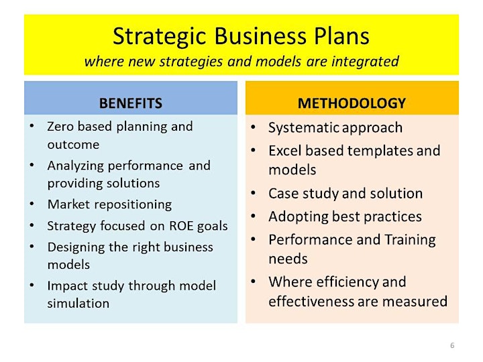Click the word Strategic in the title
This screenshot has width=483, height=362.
tap(159, 37)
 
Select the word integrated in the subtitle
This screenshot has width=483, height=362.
tap(365, 62)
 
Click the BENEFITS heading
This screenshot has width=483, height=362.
tap(131, 103)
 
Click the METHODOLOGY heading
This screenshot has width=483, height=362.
tap(352, 103)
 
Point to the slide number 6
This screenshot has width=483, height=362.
tap(452, 345)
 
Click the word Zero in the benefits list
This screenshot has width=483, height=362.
tap(60, 127)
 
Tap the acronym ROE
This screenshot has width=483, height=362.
tap(181, 226)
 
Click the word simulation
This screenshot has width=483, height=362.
tap(78, 304)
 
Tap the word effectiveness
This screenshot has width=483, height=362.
tap(311, 301)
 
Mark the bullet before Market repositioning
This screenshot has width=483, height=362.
tap(32, 204)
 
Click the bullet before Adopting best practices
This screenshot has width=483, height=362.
tap(253, 216)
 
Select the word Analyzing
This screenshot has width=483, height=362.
tap(76, 166)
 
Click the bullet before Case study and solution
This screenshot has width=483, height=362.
tap(253, 193)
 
